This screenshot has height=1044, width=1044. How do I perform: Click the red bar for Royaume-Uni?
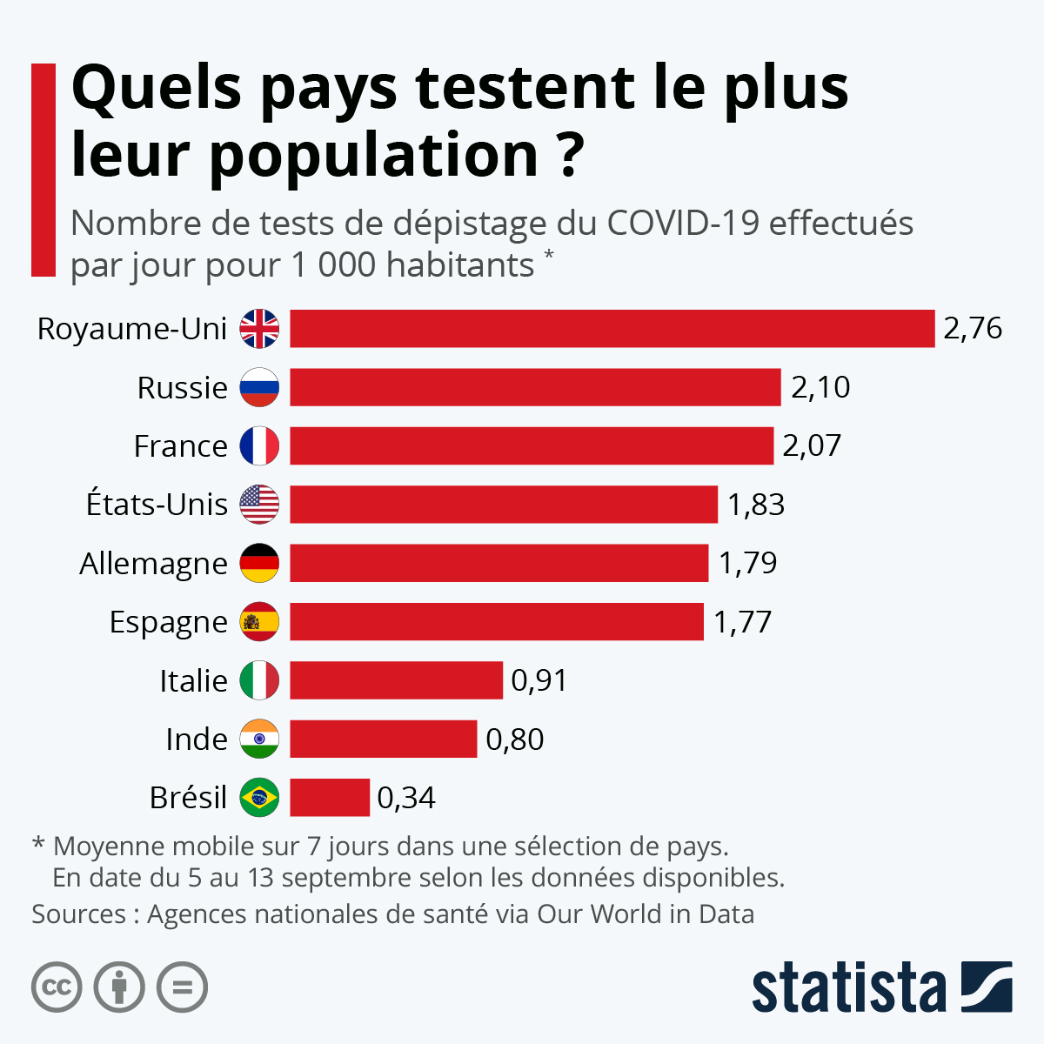612,328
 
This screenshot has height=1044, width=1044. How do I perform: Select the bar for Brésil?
329,797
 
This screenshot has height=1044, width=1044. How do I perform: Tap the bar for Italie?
396,679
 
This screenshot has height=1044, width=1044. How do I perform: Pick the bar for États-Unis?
503,504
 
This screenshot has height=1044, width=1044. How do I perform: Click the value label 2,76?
973,328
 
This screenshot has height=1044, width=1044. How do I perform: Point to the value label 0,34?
406,798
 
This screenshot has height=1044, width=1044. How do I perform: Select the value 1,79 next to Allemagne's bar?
747,563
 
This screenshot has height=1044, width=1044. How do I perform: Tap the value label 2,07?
812,445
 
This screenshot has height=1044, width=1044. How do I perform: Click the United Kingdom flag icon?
259,329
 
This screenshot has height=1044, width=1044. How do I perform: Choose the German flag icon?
259,563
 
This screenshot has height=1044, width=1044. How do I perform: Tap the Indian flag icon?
259,739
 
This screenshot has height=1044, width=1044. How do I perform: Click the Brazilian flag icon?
259,797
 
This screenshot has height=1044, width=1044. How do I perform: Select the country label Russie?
182,387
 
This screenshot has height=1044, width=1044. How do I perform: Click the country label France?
180,445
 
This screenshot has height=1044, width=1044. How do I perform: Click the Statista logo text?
848,987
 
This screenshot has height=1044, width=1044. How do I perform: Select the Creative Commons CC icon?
57,987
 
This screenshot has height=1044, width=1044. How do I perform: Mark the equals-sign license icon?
182,987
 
